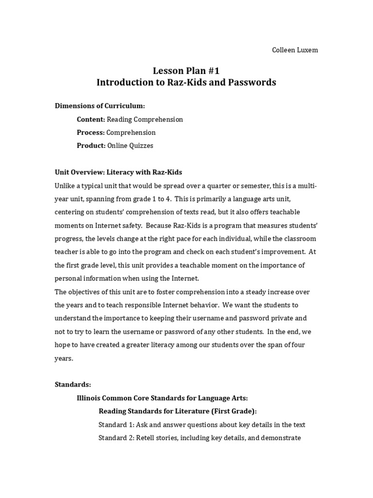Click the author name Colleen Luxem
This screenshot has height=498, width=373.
click(x=295, y=50)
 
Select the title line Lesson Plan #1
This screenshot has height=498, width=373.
click(x=186, y=71)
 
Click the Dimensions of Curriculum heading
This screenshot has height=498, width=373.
click(x=100, y=106)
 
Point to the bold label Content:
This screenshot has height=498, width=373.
click(x=91, y=119)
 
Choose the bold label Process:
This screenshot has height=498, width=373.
click(x=91, y=132)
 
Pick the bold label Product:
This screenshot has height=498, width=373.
click(x=91, y=145)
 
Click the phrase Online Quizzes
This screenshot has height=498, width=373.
click(x=130, y=145)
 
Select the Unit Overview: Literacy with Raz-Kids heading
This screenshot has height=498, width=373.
click(x=118, y=172)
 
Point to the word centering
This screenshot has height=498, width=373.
click(x=70, y=212)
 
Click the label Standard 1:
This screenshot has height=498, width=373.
click(x=116, y=425)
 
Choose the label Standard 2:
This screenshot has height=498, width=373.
click(x=116, y=438)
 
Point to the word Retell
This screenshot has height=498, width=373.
click(x=146, y=438)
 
